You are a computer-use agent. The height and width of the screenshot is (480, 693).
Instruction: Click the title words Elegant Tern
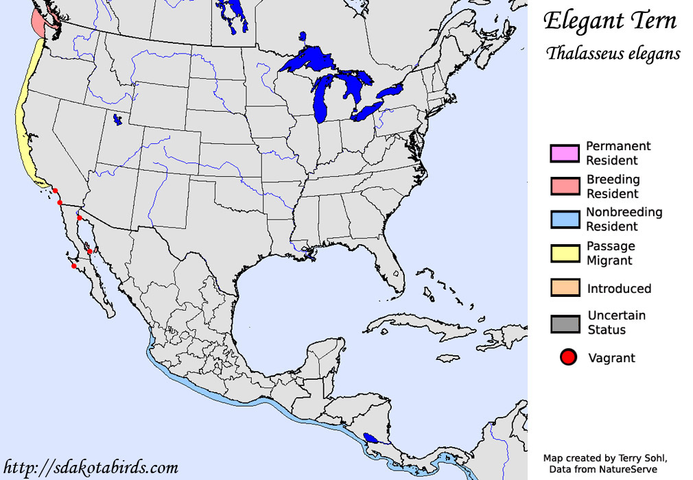(x=610, y=21)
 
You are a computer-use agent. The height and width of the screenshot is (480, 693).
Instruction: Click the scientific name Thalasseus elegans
(x=613, y=53)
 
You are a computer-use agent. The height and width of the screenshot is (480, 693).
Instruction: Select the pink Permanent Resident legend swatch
(x=565, y=153)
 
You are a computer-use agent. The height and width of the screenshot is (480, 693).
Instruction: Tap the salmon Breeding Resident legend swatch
(x=565, y=186)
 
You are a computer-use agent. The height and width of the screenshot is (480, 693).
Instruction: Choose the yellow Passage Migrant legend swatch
(x=565, y=253)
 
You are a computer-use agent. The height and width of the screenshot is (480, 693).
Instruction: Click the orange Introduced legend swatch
(x=565, y=288)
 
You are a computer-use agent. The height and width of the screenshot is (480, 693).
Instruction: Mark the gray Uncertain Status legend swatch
(x=565, y=323)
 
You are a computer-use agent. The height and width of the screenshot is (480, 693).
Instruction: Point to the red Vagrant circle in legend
(x=566, y=358)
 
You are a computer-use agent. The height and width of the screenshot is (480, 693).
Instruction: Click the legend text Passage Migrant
(x=610, y=253)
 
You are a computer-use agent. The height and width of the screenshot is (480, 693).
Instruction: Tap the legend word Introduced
(x=619, y=289)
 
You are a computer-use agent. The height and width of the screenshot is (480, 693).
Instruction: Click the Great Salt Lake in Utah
(x=117, y=119)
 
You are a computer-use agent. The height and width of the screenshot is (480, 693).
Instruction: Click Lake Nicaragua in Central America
(x=371, y=437)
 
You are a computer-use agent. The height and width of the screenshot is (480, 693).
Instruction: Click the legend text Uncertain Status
(x=616, y=322)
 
